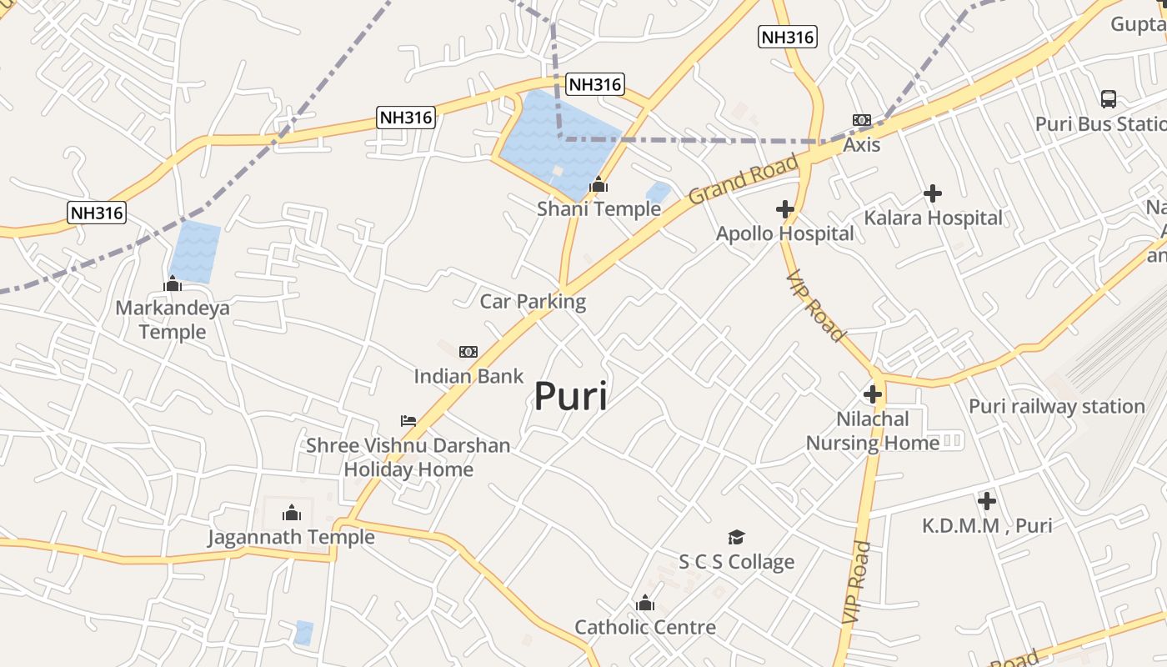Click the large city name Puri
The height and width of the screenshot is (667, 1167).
(x=570, y=396)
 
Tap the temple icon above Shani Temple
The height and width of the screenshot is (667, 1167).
(x=599, y=185)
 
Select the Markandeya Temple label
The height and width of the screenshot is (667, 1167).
(x=173, y=320)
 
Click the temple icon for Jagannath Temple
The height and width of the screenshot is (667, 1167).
(x=292, y=512)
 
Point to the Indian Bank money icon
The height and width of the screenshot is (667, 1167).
(x=468, y=352)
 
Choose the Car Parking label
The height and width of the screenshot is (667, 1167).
(x=533, y=301)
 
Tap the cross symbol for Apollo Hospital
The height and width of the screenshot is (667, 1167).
(x=784, y=209)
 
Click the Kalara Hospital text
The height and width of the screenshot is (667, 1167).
(x=933, y=218)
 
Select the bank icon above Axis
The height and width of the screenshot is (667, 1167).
(x=861, y=120)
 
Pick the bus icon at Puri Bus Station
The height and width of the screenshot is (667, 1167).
(x=1108, y=99)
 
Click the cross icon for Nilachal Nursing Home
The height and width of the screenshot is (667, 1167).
(x=873, y=394)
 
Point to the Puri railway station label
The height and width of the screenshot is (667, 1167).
(x=1056, y=407)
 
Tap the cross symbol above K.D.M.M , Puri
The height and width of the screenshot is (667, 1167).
(x=987, y=501)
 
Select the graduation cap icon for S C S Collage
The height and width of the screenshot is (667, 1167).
(x=736, y=537)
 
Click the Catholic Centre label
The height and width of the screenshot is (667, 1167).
(x=645, y=627)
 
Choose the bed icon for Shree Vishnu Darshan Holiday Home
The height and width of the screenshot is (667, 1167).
(x=408, y=420)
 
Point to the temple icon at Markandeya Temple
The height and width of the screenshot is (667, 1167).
(x=173, y=283)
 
